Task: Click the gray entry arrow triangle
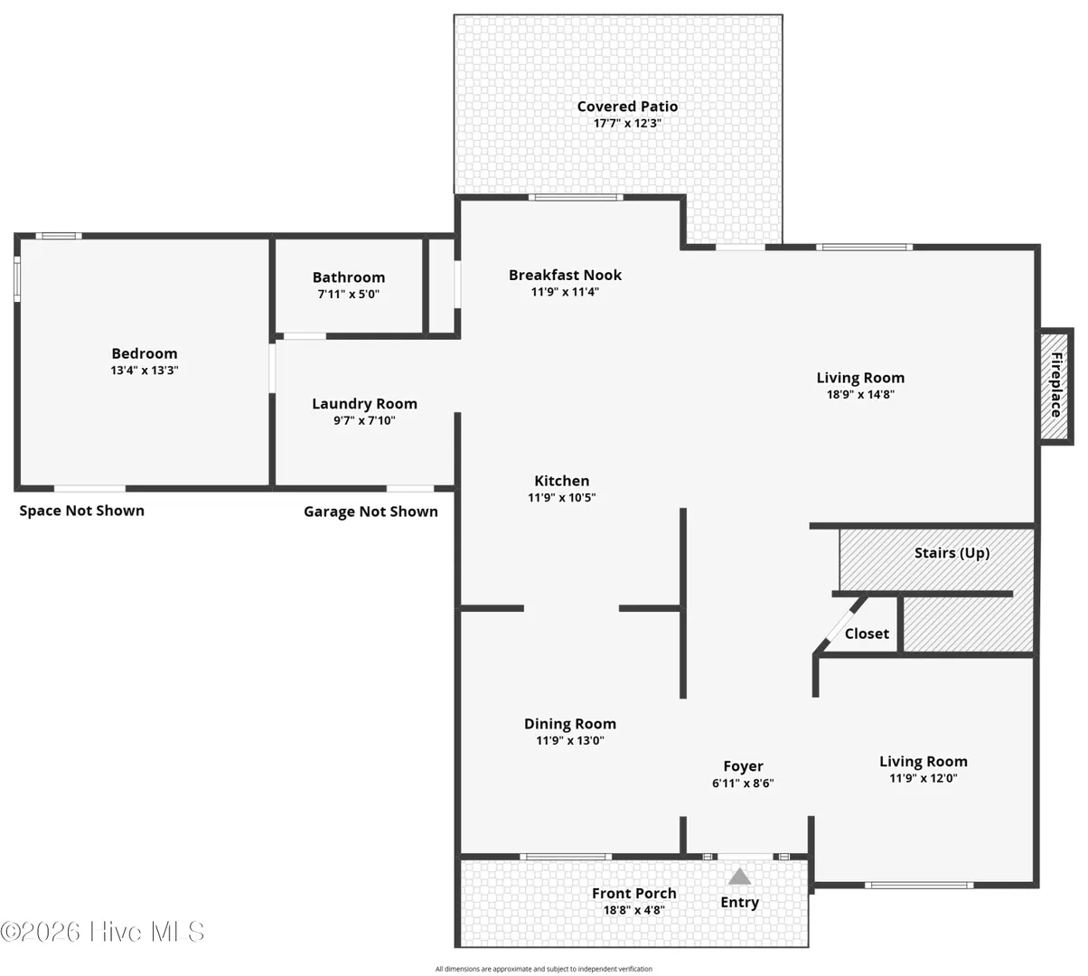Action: coord(739,876)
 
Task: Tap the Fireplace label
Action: coord(1055,385)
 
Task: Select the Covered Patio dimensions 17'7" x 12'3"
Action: coord(627,123)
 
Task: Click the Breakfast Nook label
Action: coord(565,275)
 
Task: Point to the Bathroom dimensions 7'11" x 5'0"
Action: coord(349,294)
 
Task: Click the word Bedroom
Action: coord(145,353)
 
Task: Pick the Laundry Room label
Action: coord(365,404)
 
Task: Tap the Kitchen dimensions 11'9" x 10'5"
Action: coord(562,497)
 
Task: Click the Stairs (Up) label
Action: coord(952,553)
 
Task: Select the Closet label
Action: coord(867,633)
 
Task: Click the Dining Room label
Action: coord(570,724)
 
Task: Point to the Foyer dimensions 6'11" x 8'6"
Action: coord(743,783)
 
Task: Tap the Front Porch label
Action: coord(633,893)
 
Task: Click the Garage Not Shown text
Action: coord(370,511)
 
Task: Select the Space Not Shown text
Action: coord(81,511)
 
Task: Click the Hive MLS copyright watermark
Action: coord(102,932)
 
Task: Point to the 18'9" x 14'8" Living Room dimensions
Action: coord(860,394)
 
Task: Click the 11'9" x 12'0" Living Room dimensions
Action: coord(924,778)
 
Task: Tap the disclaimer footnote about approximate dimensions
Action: coord(543,969)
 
